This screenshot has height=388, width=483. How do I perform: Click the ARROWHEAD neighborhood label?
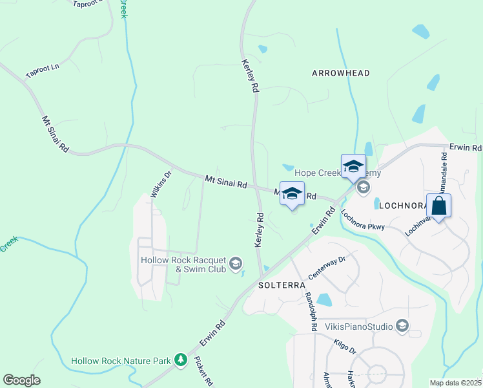tap(341, 73)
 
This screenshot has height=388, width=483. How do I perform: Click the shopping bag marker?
tap(439, 207)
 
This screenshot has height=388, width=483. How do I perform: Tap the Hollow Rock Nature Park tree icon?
tap(181, 360)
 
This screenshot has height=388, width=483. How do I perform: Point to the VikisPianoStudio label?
tap(358, 326)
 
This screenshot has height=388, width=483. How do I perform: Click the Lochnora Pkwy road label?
tap(363, 222)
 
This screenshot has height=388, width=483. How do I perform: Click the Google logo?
tap(22, 380)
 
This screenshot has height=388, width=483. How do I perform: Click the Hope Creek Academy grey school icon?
tap(363, 188)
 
